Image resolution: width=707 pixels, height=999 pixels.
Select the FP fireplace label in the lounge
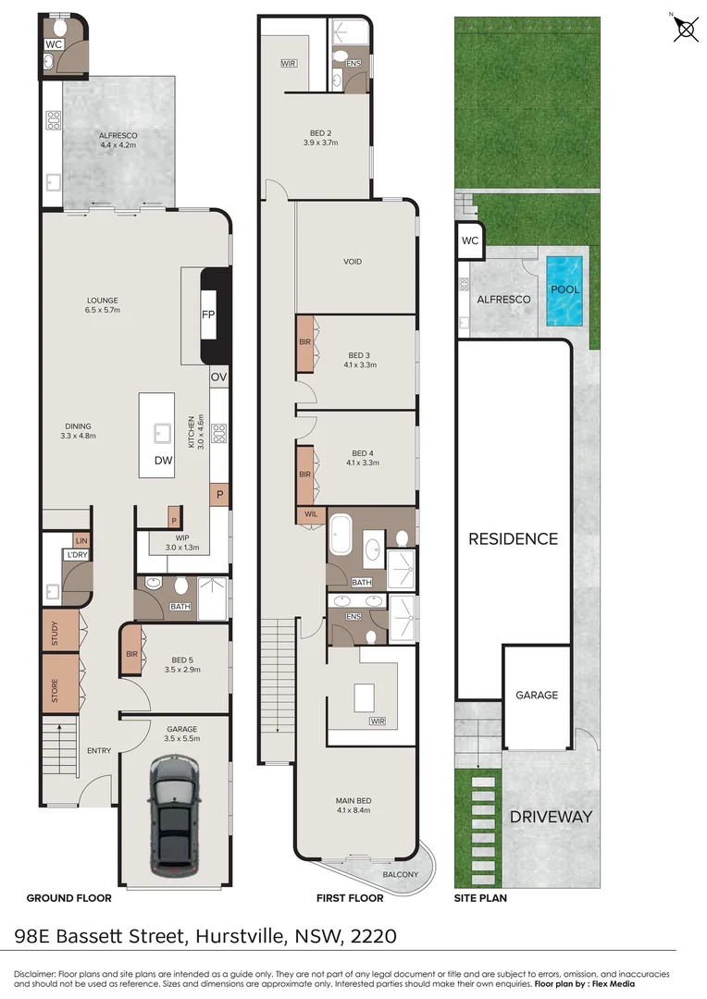click(x=209, y=315)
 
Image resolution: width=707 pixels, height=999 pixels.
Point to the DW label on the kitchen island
click(x=164, y=459)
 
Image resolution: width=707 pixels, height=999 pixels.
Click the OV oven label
click(x=218, y=377)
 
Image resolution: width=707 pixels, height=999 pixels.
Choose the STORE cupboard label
click(x=55, y=690)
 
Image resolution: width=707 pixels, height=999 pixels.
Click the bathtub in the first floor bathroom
click(x=341, y=536)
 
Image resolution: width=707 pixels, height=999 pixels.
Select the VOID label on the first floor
click(x=352, y=262)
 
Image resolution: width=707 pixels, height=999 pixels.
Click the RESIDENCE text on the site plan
click(x=513, y=538)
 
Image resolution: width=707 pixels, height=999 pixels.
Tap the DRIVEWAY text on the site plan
click(x=550, y=817)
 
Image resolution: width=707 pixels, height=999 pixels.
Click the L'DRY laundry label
click(x=75, y=554)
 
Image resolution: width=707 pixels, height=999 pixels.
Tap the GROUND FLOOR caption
click(x=68, y=898)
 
